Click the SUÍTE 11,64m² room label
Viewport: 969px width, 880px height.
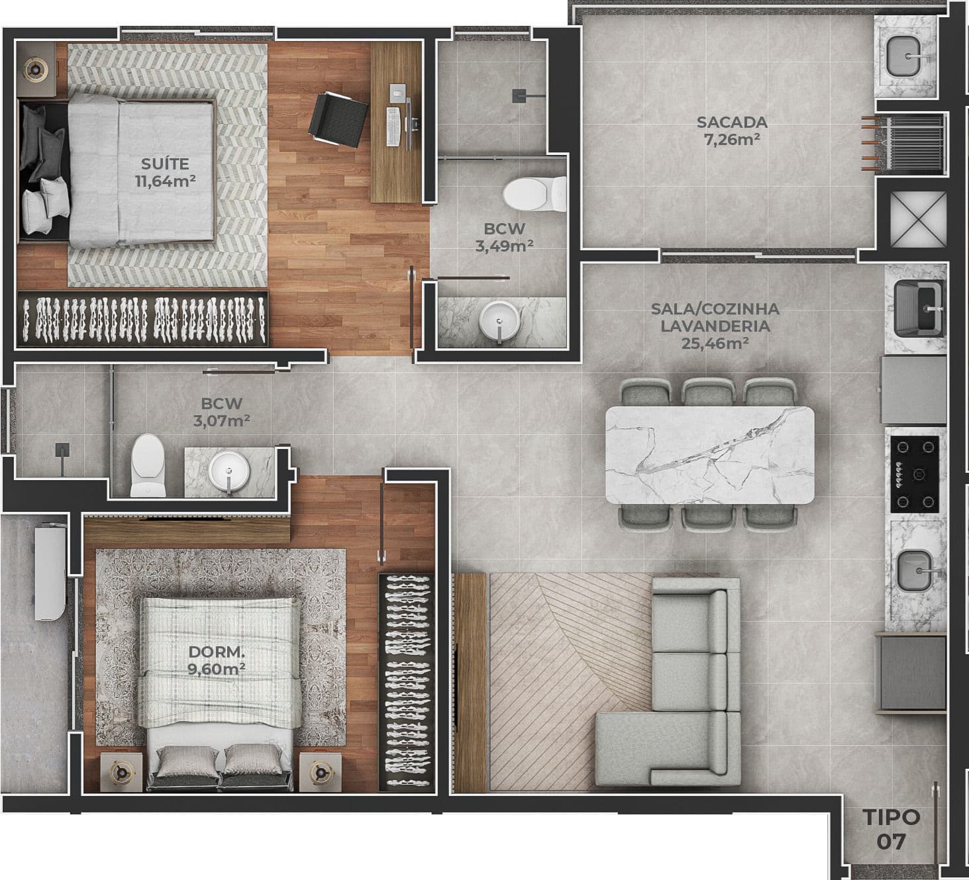coord(166,172)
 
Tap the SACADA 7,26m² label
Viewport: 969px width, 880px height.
coord(732,131)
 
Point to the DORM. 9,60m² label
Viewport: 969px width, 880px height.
coord(217,660)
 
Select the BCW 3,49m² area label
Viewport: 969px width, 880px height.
coord(504,237)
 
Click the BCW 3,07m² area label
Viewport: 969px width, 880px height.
coord(221,412)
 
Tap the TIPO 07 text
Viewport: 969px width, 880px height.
coord(892,828)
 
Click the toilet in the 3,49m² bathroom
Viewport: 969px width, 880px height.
coord(535,193)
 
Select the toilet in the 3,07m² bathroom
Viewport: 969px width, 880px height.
coord(148,465)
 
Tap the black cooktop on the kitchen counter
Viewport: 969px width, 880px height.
coord(915,474)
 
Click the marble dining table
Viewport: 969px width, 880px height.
coord(710,456)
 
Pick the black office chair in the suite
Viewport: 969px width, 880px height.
coord(338,119)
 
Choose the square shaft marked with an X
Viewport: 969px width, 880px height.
coord(918,219)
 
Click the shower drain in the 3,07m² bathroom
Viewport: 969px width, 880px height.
coord(62,450)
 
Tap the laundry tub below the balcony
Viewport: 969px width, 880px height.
coord(918,309)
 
